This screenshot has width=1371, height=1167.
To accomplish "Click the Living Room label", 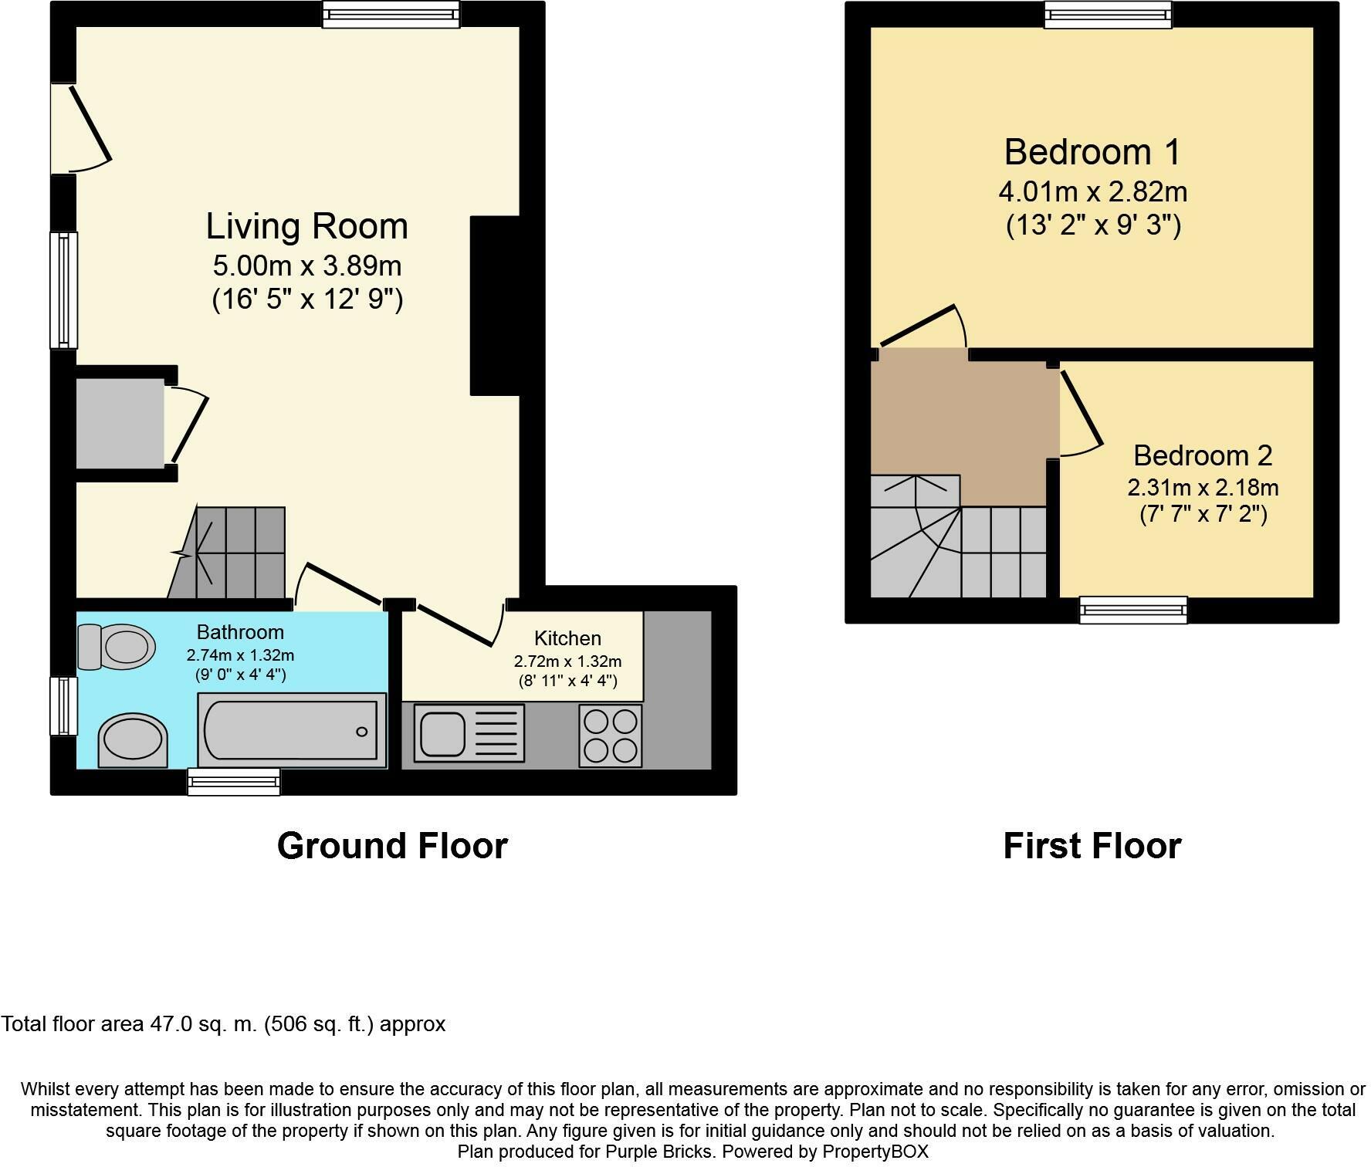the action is [x=306, y=226].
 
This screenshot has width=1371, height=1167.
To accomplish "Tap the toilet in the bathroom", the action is [x=116, y=646].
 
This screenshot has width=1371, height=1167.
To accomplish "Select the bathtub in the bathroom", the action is [x=293, y=730].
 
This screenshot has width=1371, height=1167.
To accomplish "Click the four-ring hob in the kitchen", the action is [x=611, y=736].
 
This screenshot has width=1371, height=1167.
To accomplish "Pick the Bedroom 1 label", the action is [x=1092, y=152].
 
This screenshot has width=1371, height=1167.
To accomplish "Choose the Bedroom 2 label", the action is [x=1203, y=455].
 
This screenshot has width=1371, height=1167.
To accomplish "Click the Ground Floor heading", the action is [x=392, y=846].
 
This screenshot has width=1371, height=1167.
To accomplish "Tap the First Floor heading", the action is [x=1092, y=846].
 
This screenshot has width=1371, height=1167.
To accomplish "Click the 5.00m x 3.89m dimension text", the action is [x=307, y=266].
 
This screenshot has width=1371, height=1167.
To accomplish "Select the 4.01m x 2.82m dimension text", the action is [x=1093, y=191].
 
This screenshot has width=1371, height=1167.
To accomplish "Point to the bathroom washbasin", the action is [x=133, y=739].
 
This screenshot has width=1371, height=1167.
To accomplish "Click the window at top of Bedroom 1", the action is [x=1108, y=15].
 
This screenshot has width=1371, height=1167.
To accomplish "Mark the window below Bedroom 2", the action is [x=1133, y=610].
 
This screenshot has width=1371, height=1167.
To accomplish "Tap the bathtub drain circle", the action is [x=361, y=732].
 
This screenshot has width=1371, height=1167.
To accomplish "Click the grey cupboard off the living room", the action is [x=120, y=423].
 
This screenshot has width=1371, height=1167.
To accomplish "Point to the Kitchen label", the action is [x=567, y=638].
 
